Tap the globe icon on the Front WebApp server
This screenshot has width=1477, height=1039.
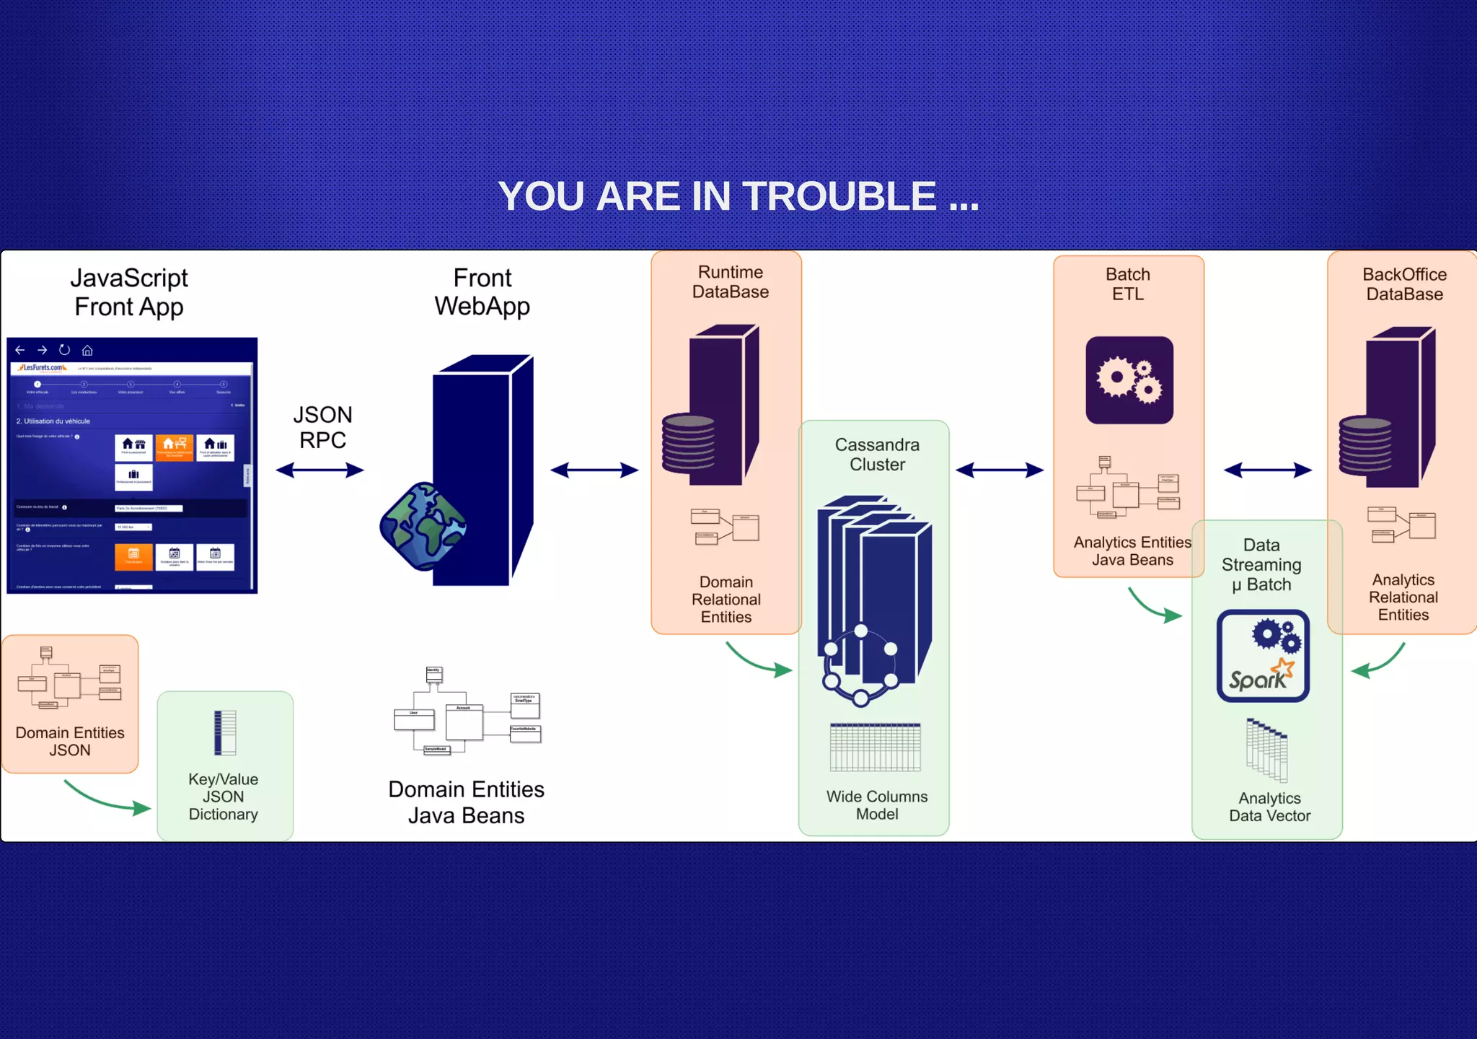tap(423, 526)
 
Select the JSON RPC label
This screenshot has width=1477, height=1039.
tap(322, 427)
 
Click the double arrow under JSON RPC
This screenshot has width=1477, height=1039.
tap(319, 470)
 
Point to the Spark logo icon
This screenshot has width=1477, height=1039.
tap(1263, 656)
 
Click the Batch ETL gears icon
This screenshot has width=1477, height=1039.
tap(1129, 380)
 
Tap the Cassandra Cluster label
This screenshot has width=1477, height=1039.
tap(877, 455)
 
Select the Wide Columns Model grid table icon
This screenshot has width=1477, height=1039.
tap(876, 748)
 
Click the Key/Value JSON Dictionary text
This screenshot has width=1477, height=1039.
tap(224, 797)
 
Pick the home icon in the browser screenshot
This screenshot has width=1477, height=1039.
tap(87, 351)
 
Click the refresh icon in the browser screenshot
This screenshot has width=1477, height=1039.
tap(65, 350)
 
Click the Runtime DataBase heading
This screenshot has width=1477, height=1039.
tap(730, 282)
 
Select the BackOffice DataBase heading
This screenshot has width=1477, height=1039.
tap(1404, 284)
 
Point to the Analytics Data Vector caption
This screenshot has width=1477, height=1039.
tap(1269, 807)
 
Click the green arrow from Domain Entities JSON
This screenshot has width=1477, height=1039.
tap(107, 798)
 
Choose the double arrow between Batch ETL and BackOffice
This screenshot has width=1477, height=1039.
tap(1267, 470)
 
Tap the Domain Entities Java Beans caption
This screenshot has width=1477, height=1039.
tap(466, 802)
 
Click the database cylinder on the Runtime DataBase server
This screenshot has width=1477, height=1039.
tap(689, 442)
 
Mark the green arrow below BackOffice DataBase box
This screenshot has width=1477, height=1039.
tap(1378, 661)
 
